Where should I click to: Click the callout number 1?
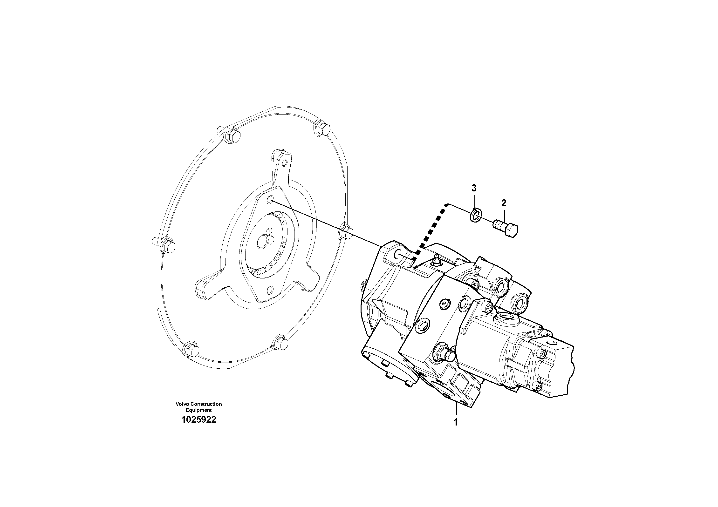(456, 422)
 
